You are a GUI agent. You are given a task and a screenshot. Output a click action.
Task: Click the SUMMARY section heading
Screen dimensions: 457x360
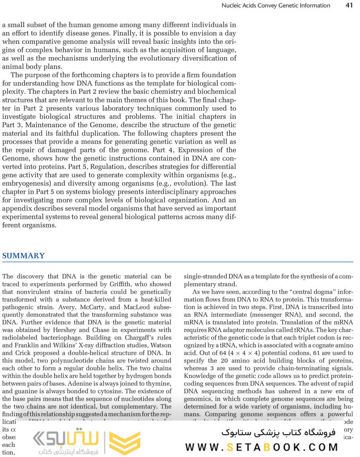click(x=23, y=256)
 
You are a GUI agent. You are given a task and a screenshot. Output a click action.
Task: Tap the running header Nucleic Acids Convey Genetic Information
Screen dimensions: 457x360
click(x=276, y=5)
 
